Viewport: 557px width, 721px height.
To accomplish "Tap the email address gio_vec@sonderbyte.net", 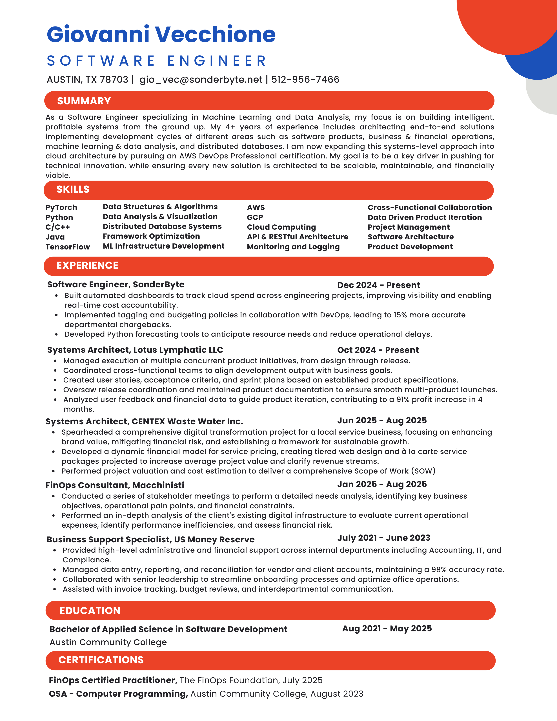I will point(201,79).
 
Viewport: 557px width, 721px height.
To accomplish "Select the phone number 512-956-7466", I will point(305,79).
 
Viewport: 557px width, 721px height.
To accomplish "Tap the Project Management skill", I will point(409,227).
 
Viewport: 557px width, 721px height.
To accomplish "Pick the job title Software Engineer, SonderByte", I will point(116,285).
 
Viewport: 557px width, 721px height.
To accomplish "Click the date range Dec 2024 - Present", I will point(378,285).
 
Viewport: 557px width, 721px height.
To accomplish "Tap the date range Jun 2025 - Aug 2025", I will point(382,420).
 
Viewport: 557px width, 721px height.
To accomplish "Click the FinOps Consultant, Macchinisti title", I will point(115,485).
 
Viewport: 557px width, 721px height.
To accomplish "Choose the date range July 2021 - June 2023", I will point(383,538).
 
